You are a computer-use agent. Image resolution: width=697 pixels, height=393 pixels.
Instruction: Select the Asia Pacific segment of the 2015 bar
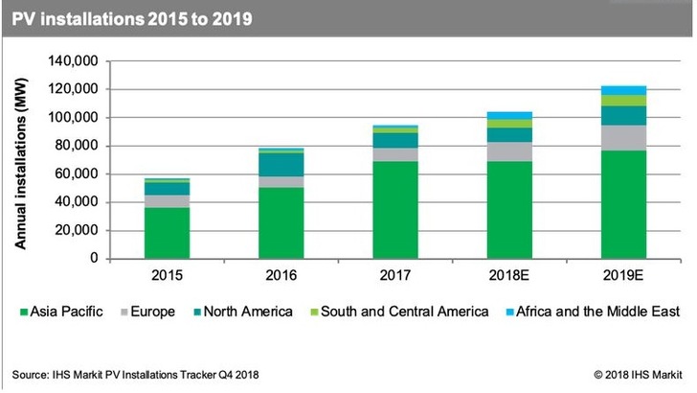pos(167,233)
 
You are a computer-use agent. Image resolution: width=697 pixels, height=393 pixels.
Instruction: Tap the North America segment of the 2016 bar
pos(282,164)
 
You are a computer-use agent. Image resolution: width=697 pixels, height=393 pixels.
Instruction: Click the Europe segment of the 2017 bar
pos(394,154)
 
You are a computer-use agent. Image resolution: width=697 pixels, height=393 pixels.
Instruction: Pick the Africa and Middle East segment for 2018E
pos(508,115)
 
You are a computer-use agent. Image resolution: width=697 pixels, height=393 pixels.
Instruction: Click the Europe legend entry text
pos(159,312)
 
